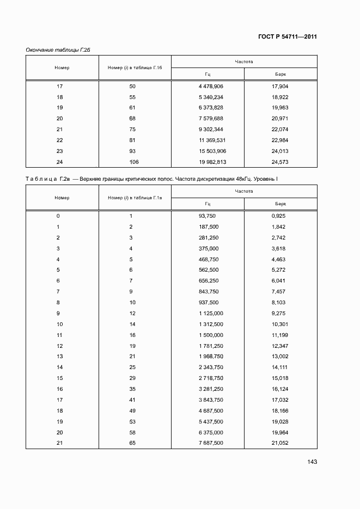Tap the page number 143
[x=312, y=462]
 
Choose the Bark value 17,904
[x=279, y=87]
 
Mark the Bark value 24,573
[x=279, y=162]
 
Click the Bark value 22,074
[x=279, y=129]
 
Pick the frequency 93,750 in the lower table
[x=208, y=216]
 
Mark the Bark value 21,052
[x=279, y=443]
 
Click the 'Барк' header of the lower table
[x=280, y=204]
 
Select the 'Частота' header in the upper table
[x=244, y=62]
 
